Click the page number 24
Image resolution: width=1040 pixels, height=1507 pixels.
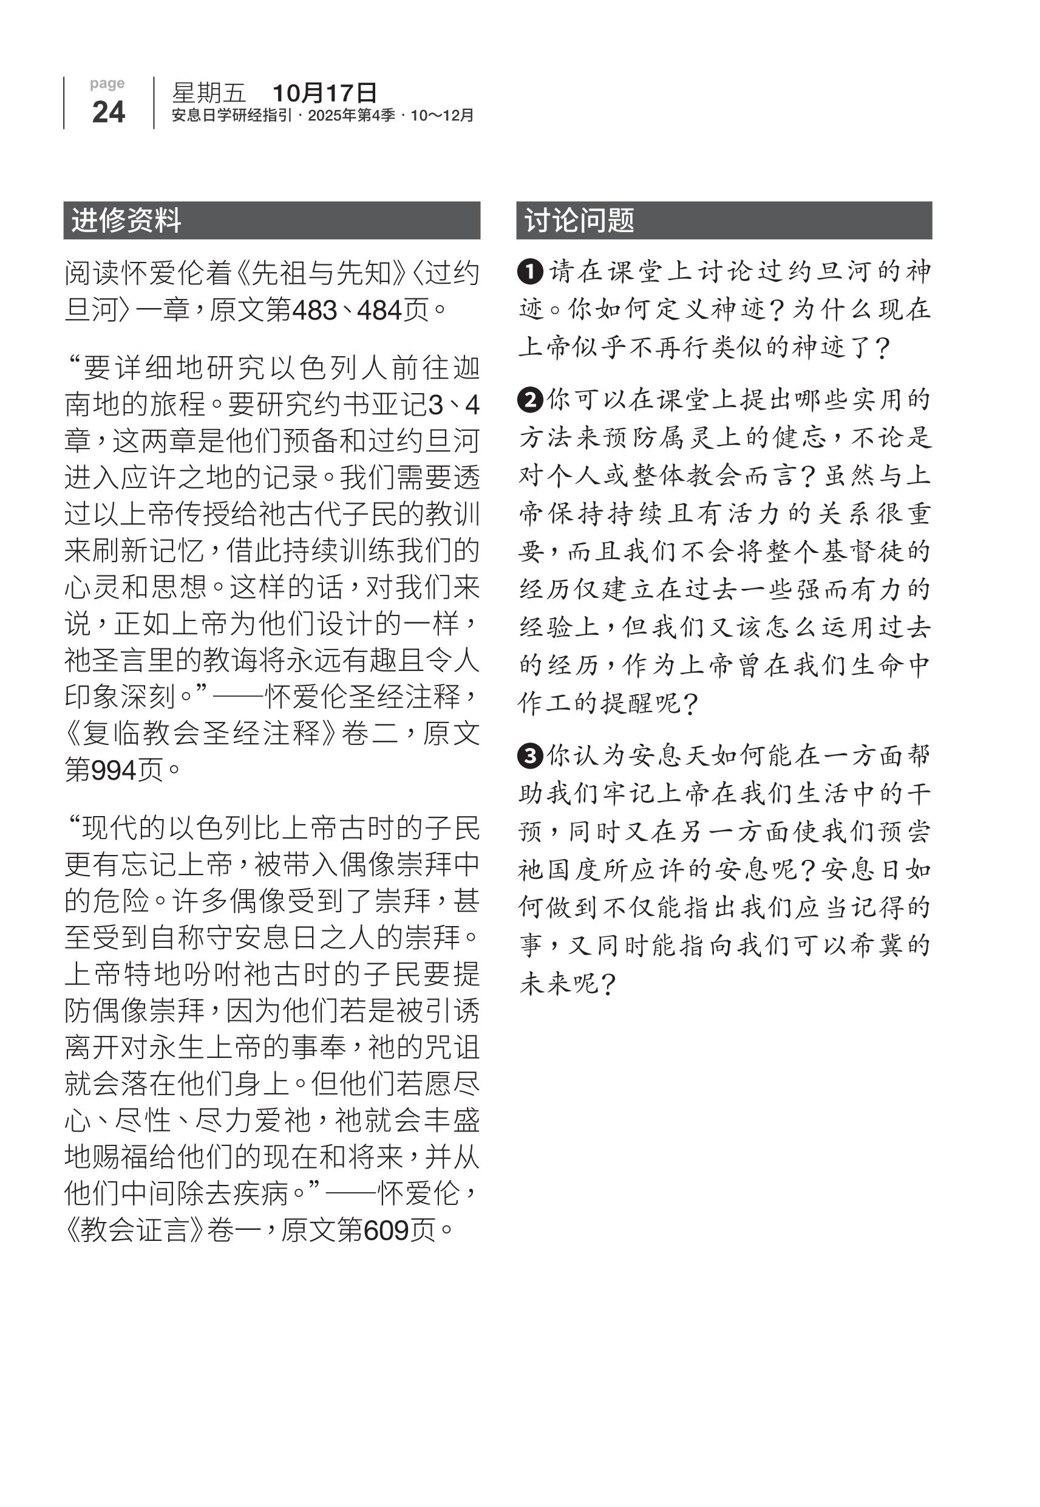(x=108, y=112)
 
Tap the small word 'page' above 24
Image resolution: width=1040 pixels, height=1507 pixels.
(x=107, y=83)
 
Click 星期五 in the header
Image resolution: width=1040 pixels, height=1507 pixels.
(x=208, y=93)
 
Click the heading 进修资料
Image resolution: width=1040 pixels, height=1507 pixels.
(x=126, y=221)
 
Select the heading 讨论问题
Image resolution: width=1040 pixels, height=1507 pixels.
(x=579, y=221)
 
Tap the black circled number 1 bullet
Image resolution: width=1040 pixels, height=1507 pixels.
(x=531, y=271)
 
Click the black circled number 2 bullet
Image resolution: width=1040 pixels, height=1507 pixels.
(x=531, y=400)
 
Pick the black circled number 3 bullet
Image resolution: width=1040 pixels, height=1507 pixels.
(x=531, y=756)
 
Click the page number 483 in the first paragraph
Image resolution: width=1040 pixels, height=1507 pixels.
(x=314, y=311)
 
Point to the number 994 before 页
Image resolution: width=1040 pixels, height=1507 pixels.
(x=114, y=771)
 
